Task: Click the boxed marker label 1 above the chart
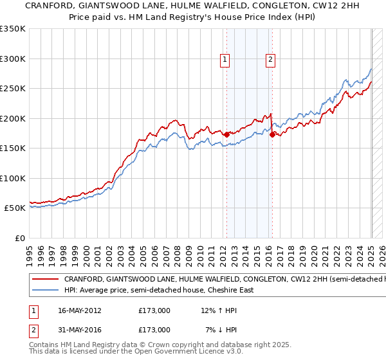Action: point(225,60)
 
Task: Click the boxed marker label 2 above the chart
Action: point(270,60)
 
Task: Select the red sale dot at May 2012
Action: point(226,134)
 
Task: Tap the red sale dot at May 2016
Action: point(273,134)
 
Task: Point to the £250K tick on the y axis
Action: point(13,89)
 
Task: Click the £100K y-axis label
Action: point(13,178)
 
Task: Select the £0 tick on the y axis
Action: point(21,238)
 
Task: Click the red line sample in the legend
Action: point(46,280)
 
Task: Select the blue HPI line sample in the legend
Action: point(46,290)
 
